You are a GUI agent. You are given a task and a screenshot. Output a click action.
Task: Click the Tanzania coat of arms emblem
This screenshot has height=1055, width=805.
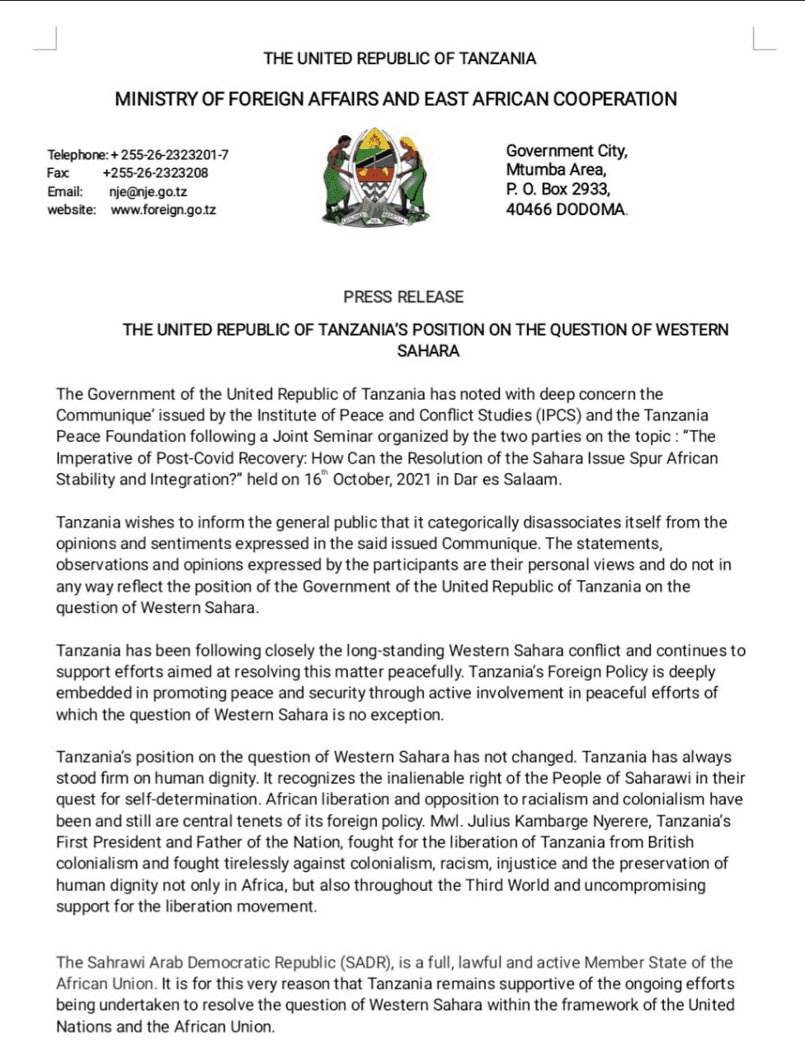point(375,176)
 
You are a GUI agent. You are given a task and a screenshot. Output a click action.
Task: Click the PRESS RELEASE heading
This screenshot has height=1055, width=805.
point(403,297)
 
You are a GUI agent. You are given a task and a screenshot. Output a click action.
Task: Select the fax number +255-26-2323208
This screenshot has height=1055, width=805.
point(155,173)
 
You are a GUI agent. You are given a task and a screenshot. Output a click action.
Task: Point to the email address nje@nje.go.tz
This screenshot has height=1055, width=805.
point(148,192)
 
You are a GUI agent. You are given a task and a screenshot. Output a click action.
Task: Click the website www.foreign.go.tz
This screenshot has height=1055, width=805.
point(163,210)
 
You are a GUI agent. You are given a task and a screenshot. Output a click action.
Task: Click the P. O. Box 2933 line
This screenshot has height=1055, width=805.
point(558,190)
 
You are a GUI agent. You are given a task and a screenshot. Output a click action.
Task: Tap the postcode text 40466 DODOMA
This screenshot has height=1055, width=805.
point(566,210)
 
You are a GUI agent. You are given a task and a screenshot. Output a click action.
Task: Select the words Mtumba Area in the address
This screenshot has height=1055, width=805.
point(555,170)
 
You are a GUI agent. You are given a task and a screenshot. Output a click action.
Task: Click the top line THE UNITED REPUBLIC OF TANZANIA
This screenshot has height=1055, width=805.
point(399,59)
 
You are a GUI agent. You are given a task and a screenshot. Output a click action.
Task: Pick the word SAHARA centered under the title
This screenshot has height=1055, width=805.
point(428,351)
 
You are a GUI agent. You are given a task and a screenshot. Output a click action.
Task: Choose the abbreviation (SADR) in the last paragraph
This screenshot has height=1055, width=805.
point(367,963)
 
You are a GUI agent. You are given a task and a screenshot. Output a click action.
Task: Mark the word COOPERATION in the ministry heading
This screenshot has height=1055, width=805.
point(614,100)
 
